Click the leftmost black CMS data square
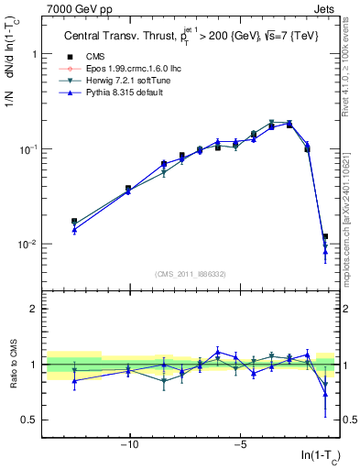click(74, 221)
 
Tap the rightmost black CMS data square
click(325, 236)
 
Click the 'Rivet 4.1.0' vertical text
click(351, 69)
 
